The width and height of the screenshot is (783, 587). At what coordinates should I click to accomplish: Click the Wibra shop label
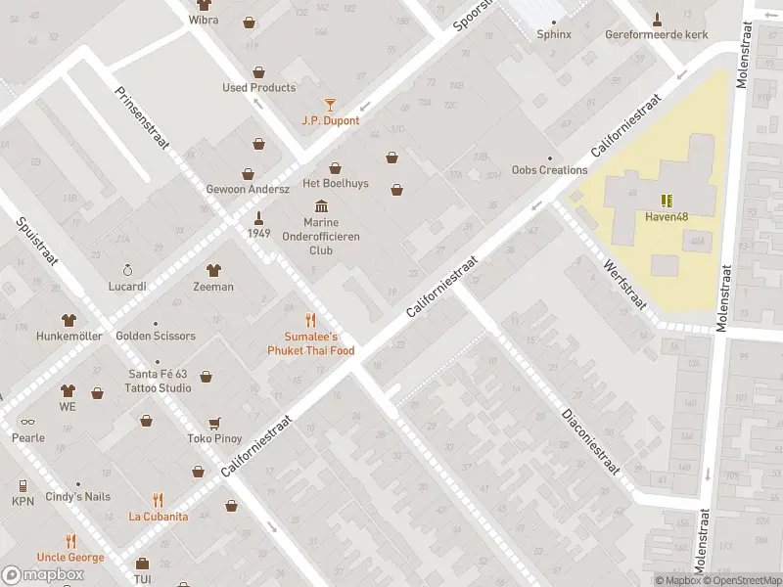[204, 20]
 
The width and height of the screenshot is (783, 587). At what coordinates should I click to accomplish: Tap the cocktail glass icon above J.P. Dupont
[330, 104]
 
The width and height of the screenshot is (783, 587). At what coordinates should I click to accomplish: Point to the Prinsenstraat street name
[143, 117]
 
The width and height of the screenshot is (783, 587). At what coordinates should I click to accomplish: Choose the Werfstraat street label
[626, 285]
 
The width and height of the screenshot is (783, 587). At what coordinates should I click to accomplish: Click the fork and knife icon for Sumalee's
[310, 320]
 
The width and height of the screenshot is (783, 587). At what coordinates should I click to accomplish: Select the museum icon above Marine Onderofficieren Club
[321, 205]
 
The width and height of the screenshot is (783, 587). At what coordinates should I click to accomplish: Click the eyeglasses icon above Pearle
[26, 422]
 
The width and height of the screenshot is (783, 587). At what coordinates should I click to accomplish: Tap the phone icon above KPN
[23, 485]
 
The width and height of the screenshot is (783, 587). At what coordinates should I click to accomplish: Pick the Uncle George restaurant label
[70, 557]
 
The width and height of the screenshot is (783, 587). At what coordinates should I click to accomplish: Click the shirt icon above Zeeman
[213, 270]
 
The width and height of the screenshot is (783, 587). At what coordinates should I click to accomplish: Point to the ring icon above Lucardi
[126, 270]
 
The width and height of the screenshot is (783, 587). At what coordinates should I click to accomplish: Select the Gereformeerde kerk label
[656, 34]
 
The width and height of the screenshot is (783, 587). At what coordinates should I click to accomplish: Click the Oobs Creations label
[549, 169]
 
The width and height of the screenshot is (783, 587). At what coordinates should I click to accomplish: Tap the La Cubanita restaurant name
[159, 516]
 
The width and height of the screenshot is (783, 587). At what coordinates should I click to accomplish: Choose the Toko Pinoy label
[214, 438]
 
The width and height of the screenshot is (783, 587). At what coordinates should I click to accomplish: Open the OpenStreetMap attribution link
[741, 580]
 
